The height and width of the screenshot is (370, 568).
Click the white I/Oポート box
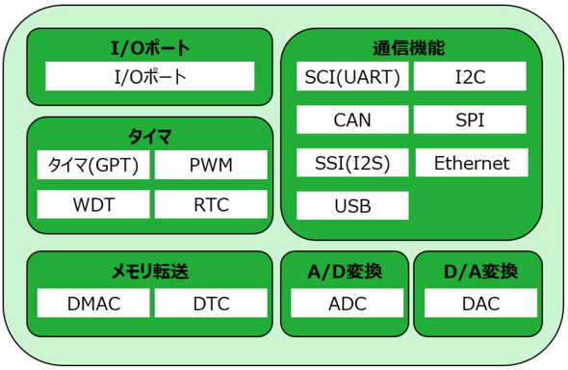click(x=150, y=76)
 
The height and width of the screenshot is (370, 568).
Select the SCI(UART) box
click(x=352, y=76)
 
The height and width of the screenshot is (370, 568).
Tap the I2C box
click(x=470, y=76)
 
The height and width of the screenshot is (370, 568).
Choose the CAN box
click(x=352, y=119)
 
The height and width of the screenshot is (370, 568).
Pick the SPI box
click(x=470, y=119)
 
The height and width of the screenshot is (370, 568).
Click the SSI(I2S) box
click(x=352, y=163)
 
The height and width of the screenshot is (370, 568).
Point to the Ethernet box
click(x=472, y=163)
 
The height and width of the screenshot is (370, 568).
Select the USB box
click(x=352, y=205)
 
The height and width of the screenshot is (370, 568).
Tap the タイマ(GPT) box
click(x=93, y=165)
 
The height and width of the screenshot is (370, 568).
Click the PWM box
click(x=211, y=165)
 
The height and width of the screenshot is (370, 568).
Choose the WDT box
click(x=93, y=204)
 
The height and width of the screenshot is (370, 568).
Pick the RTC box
click(x=211, y=204)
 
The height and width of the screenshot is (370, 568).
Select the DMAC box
click(x=93, y=303)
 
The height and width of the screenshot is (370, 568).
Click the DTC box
click(x=211, y=303)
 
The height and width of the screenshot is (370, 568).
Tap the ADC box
click(x=347, y=303)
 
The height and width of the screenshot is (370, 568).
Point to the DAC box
click(x=480, y=303)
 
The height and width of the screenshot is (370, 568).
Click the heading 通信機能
click(x=409, y=48)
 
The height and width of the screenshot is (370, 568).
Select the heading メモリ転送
click(x=150, y=272)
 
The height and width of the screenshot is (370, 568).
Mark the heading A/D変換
click(x=345, y=272)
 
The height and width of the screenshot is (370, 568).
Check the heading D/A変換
click(x=480, y=272)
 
